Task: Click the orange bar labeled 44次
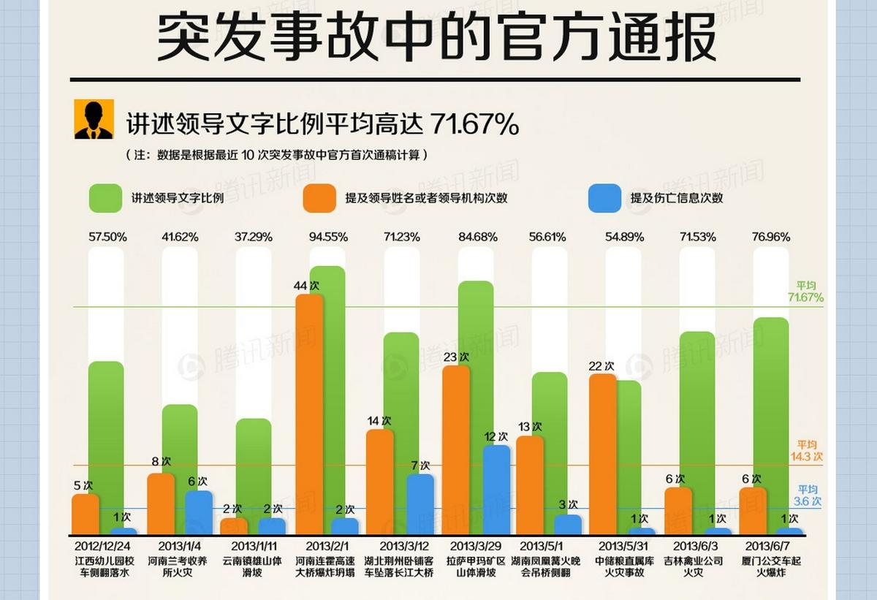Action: [x=309, y=413]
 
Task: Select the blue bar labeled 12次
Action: [x=496, y=490]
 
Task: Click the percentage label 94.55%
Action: [x=329, y=237]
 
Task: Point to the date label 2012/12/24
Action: [x=104, y=546]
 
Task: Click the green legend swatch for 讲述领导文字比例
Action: [x=105, y=198]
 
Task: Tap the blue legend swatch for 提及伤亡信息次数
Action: [x=605, y=198]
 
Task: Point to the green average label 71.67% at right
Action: [x=805, y=292]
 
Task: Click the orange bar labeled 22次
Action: [x=602, y=453]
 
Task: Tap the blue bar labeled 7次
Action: [x=420, y=504]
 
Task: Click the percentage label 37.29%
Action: [x=254, y=237]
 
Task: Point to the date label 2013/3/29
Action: [x=476, y=546]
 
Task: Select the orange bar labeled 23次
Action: [x=456, y=449]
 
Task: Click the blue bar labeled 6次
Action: [x=198, y=512]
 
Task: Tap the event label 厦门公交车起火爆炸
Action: [x=769, y=567]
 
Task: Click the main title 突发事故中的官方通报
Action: [x=436, y=38]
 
